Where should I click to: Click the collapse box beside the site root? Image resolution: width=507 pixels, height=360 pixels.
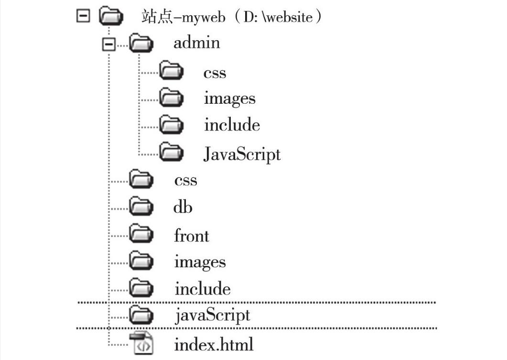tap(83, 17)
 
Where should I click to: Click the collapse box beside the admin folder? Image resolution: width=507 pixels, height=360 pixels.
tap(109, 44)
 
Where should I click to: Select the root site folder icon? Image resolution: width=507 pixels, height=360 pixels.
tap(111, 17)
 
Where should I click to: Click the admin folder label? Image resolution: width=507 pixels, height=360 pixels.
tap(196, 43)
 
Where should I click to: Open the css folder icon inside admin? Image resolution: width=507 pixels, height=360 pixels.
tap(171, 71)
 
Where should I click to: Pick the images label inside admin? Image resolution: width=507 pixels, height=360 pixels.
tap(229, 98)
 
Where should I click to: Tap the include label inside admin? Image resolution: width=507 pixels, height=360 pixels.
tap(232, 125)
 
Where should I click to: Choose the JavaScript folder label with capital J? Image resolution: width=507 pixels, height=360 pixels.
tap(242, 154)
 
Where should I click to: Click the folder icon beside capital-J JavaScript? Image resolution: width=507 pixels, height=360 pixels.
tap(171, 153)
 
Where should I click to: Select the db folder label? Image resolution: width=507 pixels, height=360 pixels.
tap(183, 207)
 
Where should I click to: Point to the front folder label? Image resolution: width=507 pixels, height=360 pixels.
tap(191, 236)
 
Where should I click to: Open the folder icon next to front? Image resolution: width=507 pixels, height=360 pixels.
tap(141, 234)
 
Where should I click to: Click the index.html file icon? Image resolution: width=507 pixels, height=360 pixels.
tap(141, 344)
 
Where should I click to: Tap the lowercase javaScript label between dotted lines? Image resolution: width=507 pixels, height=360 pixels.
tap(212, 316)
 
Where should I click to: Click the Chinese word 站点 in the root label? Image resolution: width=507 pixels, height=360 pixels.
tap(153, 18)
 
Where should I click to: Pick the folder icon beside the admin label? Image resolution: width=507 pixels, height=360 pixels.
tap(141, 44)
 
